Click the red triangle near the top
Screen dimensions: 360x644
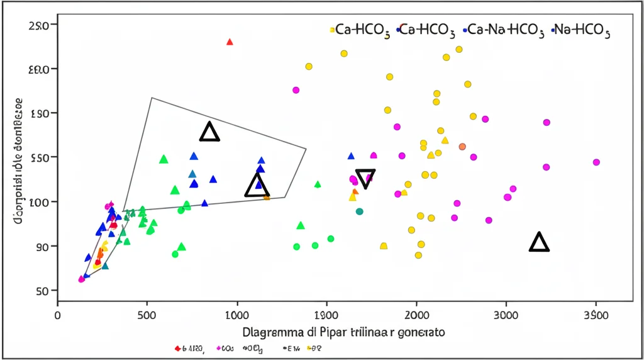point(230,42)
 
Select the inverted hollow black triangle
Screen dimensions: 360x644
point(365,179)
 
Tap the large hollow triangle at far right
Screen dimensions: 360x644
point(539,242)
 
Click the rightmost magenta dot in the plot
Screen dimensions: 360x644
point(596,162)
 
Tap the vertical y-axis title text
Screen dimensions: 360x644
point(19,157)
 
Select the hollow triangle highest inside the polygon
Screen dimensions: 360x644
point(209,132)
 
